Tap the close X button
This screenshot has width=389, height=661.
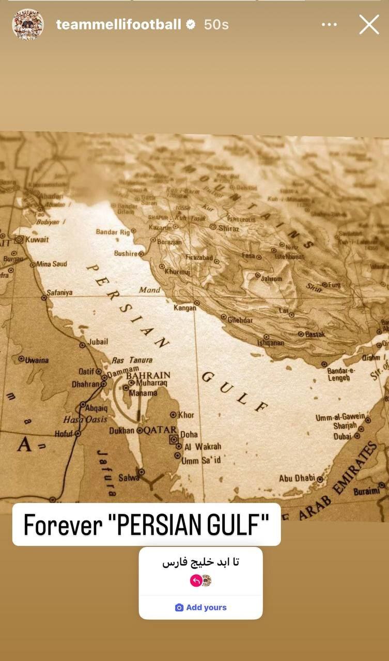pos(369,24)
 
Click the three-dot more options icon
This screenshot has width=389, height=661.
pos(329,24)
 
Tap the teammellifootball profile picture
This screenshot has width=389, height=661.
pos(28,24)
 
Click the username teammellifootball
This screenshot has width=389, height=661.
pos(118,24)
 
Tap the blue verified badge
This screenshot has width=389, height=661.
pos(191,24)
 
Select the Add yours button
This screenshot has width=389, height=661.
pos(201,607)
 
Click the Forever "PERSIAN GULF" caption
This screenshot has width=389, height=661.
pos(146,525)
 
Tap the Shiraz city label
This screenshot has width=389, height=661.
pos(229,228)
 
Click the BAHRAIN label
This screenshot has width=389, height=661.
pos(148,375)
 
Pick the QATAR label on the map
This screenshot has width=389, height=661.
pos(161,430)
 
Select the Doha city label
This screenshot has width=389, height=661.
pos(189,434)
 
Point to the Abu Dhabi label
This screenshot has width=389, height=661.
pos(297,478)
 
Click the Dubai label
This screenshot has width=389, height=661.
pos(343,436)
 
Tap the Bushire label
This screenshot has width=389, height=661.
pos(126,254)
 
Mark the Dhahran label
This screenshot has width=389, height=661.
pos(85,384)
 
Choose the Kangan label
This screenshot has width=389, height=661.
pos(185,308)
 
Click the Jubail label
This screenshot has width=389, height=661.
pos(98,341)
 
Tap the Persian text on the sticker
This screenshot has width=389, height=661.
pos(201,562)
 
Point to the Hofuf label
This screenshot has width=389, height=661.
pos(64,434)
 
